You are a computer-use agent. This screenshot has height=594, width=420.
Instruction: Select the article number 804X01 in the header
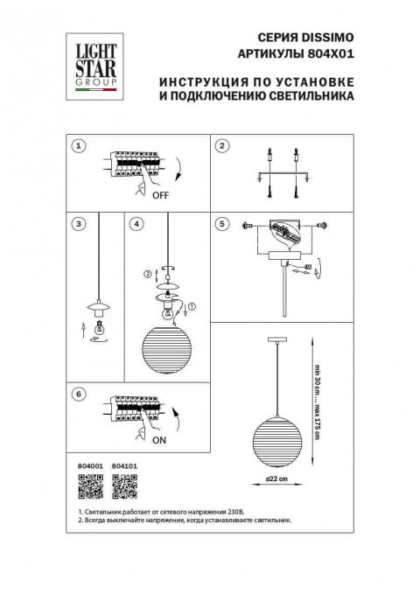(332, 53)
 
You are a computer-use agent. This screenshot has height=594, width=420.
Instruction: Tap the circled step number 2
(222, 146)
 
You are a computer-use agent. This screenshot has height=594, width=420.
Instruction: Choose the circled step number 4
(136, 224)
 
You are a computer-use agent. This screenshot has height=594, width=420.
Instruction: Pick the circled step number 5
(222, 224)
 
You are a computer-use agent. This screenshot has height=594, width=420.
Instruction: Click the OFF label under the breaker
(160, 196)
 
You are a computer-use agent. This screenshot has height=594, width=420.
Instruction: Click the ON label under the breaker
(159, 442)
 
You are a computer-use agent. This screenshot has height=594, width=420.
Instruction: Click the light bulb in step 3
(98, 328)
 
